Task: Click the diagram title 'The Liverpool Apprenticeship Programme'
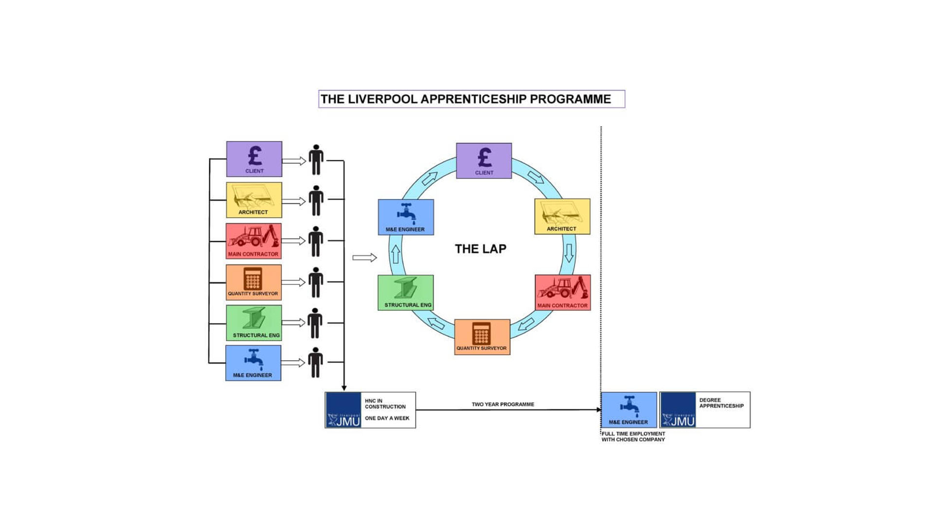(x=466, y=99)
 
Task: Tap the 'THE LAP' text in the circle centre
(x=481, y=249)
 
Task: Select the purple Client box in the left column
(x=254, y=159)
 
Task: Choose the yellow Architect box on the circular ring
(x=562, y=216)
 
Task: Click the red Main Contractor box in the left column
(x=253, y=241)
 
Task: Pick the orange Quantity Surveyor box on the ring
(x=482, y=337)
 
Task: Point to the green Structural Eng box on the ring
(x=406, y=293)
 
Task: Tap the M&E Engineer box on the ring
(x=406, y=217)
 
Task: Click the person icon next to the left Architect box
(x=316, y=200)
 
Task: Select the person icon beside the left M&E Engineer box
(x=315, y=362)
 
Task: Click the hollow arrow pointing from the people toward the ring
(x=364, y=258)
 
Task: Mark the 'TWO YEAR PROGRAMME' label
(x=503, y=404)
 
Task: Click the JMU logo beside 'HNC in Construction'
(x=343, y=410)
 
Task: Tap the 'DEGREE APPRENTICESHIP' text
(x=721, y=403)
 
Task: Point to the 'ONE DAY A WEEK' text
(x=387, y=419)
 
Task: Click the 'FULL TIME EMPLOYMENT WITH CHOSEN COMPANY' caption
(x=633, y=437)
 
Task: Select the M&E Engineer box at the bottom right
(x=629, y=410)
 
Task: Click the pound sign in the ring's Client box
(x=485, y=157)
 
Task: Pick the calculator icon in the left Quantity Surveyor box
(x=252, y=279)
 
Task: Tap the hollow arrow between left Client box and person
(x=294, y=161)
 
